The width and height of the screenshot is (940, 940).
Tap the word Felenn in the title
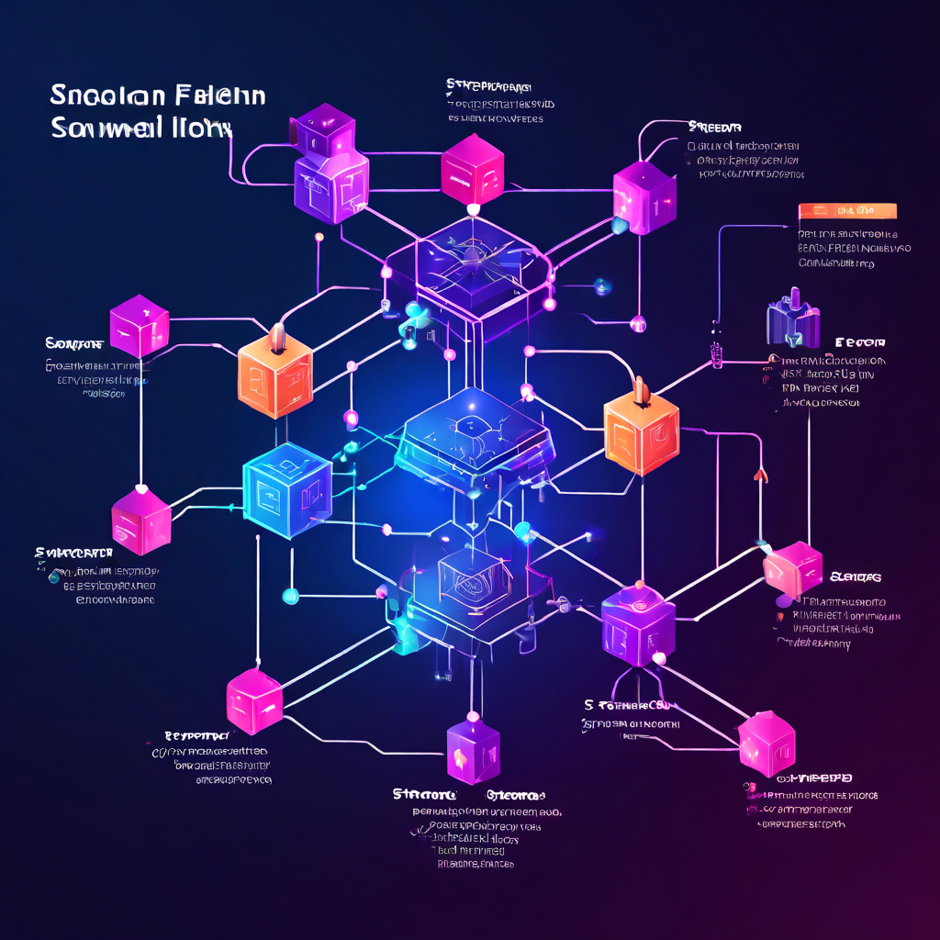[218, 95]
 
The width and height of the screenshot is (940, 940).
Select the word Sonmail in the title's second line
[100, 128]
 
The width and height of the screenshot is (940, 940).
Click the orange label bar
[847, 211]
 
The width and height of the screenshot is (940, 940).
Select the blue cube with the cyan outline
[286, 484]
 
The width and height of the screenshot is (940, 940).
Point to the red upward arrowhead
[760, 474]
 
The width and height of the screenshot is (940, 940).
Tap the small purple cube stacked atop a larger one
[322, 129]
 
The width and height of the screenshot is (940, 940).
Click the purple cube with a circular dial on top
[638, 627]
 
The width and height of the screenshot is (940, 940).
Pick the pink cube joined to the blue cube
[141, 520]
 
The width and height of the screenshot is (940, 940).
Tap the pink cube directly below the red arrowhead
[793, 569]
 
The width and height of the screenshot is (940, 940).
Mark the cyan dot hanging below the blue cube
[290, 597]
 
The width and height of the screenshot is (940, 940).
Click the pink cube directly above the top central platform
[472, 169]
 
